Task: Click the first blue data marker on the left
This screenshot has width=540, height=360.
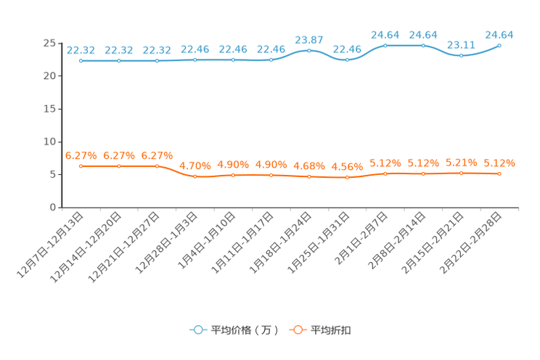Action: click(81, 61)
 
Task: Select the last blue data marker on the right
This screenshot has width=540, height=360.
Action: click(499, 45)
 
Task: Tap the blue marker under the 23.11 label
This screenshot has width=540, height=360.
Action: click(461, 55)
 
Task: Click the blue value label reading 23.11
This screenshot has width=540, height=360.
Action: click(461, 44)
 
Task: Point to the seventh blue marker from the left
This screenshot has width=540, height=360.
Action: click(309, 50)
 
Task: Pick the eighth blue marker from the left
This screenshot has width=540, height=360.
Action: click(347, 60)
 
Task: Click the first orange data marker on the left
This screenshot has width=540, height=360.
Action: click(81, 165)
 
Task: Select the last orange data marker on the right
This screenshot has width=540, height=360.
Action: click(499, 173)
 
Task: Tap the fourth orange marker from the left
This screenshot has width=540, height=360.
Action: click(195, 176)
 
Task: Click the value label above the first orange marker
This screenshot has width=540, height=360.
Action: click(81, 155)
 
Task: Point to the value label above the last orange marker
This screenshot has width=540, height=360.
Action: click(499, 163)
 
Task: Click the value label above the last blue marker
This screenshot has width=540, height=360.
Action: click(499, 34)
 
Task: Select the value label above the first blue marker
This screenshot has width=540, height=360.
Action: click(81, 50)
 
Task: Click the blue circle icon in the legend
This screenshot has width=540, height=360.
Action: click(197, 330)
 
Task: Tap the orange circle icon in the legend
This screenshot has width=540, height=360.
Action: click(297, 330)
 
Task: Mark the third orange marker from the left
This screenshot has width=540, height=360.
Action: click(157, 165)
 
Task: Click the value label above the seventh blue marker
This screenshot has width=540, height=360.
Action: click(309, 39)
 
